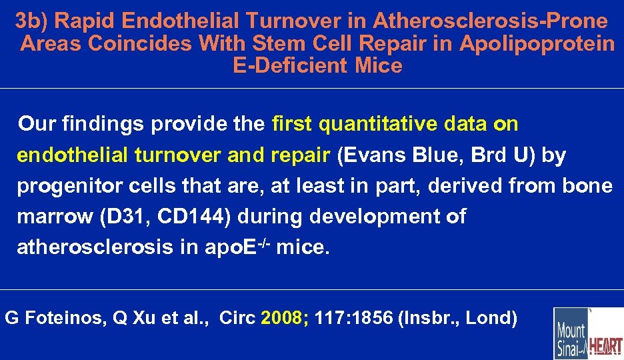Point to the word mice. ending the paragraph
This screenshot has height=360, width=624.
303,247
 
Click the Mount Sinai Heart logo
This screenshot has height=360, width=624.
587,333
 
